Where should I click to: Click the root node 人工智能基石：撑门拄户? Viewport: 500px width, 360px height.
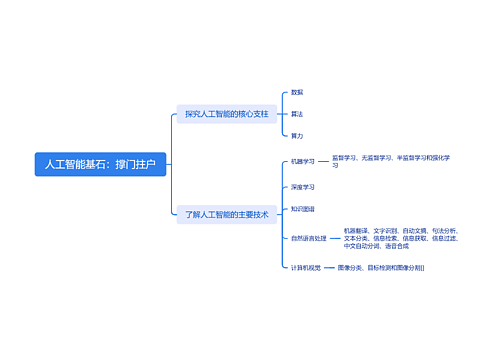100,162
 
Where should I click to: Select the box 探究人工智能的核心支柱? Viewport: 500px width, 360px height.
226,114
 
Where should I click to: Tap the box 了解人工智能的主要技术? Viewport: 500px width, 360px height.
226,214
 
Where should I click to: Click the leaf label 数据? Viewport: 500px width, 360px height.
297,92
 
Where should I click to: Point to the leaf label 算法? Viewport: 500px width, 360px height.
297,114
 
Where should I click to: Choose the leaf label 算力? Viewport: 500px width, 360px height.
297,135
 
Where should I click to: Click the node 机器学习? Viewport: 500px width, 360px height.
302,160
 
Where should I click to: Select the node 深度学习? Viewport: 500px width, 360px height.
302,187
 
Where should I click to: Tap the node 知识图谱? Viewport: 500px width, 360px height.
302,209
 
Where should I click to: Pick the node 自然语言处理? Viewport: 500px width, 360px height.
306,238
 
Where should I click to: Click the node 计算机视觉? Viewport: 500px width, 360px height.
305,268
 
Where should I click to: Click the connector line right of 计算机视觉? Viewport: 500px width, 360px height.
329,268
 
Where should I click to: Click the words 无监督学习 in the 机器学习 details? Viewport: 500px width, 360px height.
377,157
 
